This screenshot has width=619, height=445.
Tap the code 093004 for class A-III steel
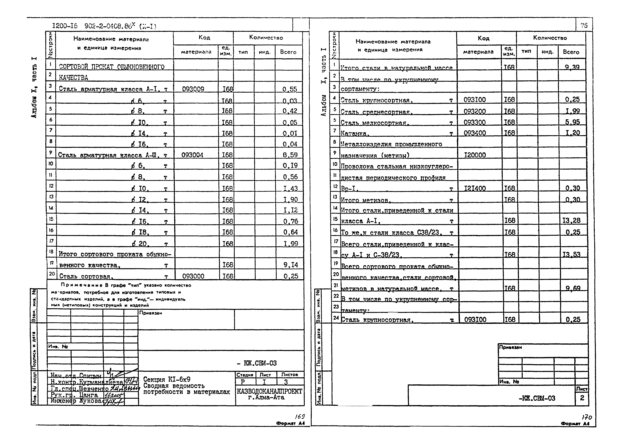192,155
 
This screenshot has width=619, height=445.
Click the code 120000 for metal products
475,155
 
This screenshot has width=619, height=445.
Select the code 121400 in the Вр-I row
475,188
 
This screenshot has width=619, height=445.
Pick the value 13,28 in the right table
571,220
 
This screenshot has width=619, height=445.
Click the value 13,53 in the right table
571,254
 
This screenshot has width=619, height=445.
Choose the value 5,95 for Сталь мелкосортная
572,122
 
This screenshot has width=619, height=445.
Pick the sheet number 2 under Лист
582,398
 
